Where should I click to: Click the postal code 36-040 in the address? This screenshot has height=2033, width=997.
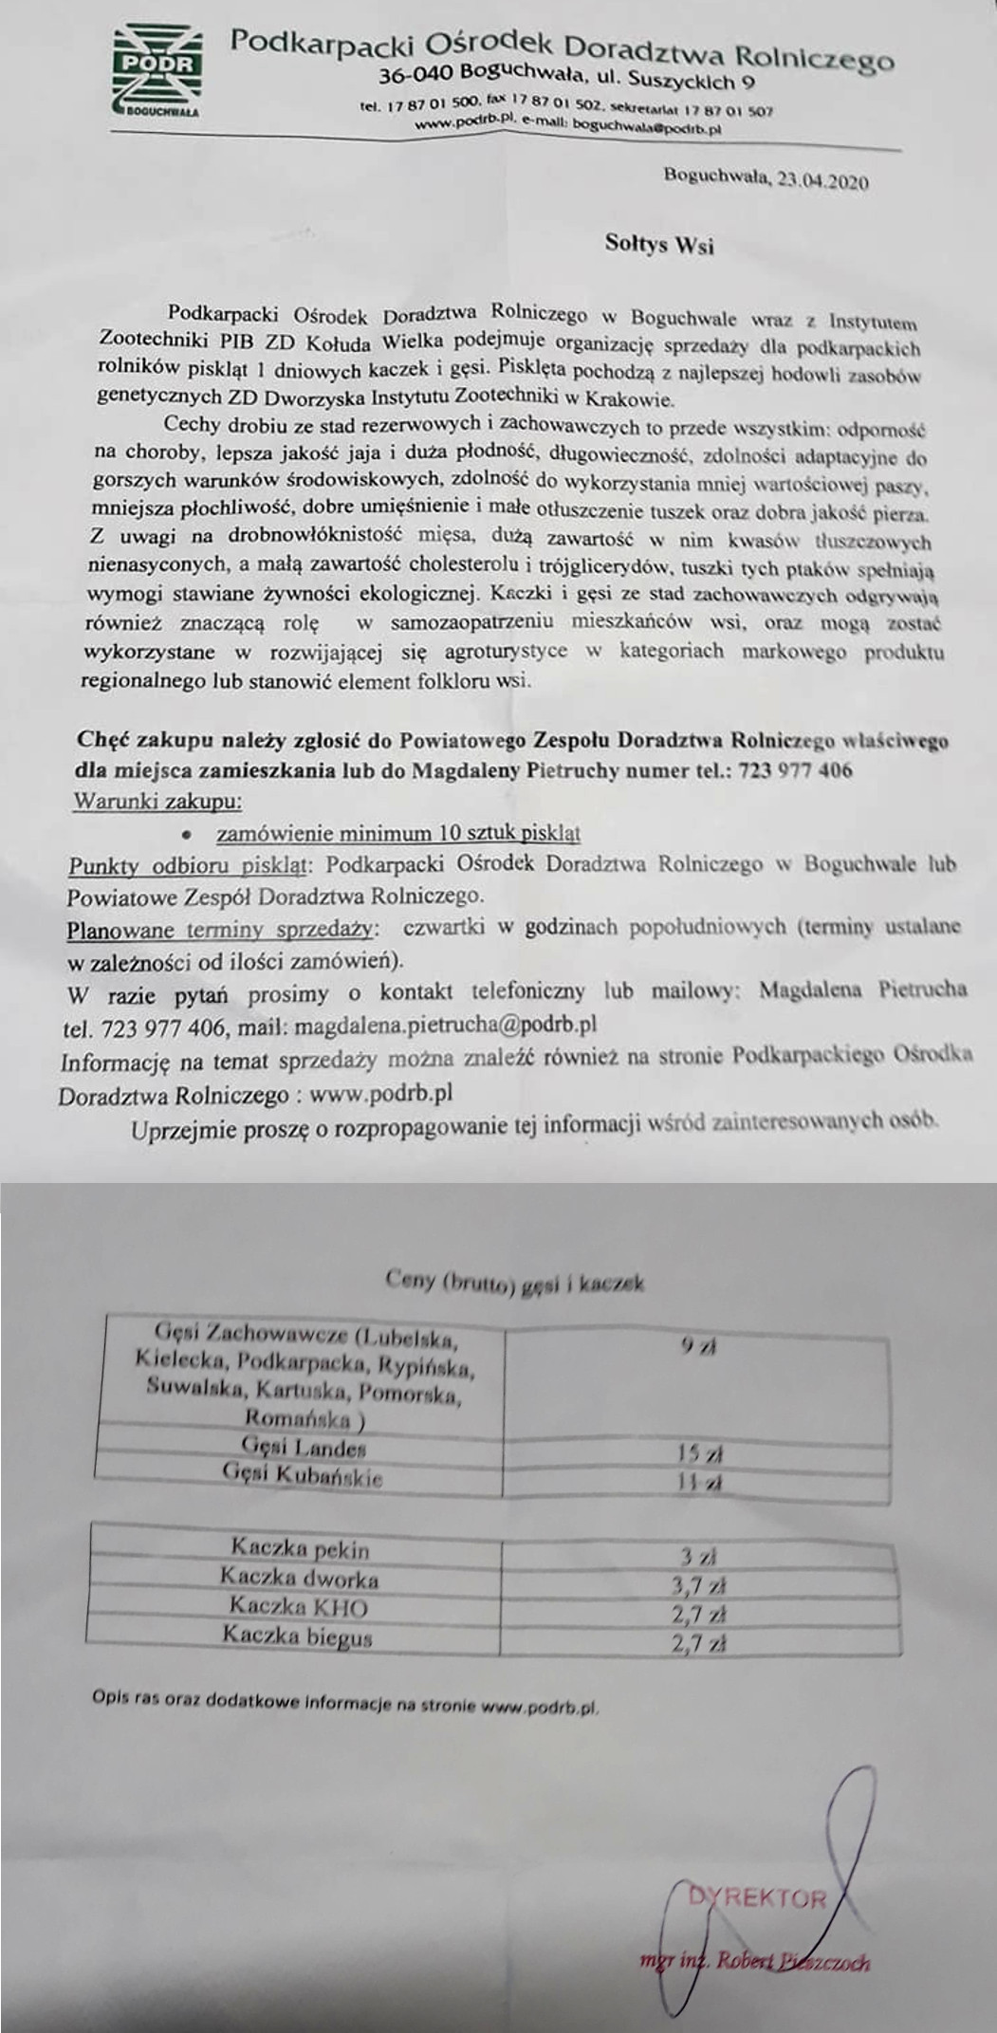coord(416,75)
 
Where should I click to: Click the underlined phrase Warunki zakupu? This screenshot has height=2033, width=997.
coord(157,801)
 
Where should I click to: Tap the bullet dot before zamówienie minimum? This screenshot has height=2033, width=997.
coord(188,835)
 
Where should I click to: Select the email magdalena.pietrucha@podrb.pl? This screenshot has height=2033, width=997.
coord(446,1026)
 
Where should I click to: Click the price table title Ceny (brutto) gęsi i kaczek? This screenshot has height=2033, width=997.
coord(515,1282)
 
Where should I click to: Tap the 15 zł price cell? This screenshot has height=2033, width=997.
coord(700,1453)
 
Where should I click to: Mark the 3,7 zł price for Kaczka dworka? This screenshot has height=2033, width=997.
coord(704,1586)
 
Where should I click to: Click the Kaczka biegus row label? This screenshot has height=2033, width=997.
coord(298,1636)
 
